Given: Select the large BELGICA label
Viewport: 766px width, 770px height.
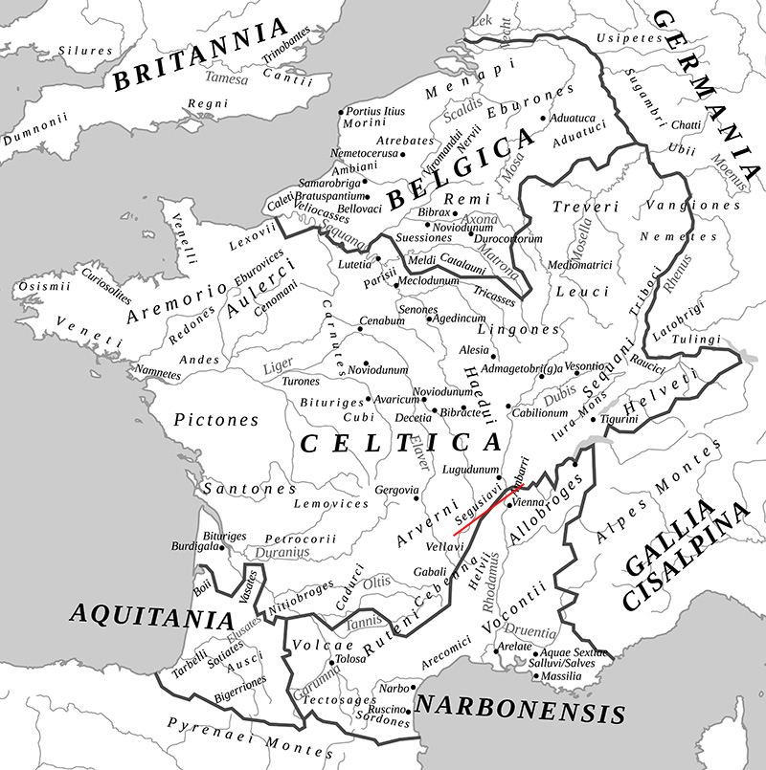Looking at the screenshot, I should point(460,172).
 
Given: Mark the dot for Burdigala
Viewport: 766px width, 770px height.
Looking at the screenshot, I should point(222,548).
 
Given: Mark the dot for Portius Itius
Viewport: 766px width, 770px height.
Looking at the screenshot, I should point(341,112).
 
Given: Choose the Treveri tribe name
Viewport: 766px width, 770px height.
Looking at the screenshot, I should point(586,207).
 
